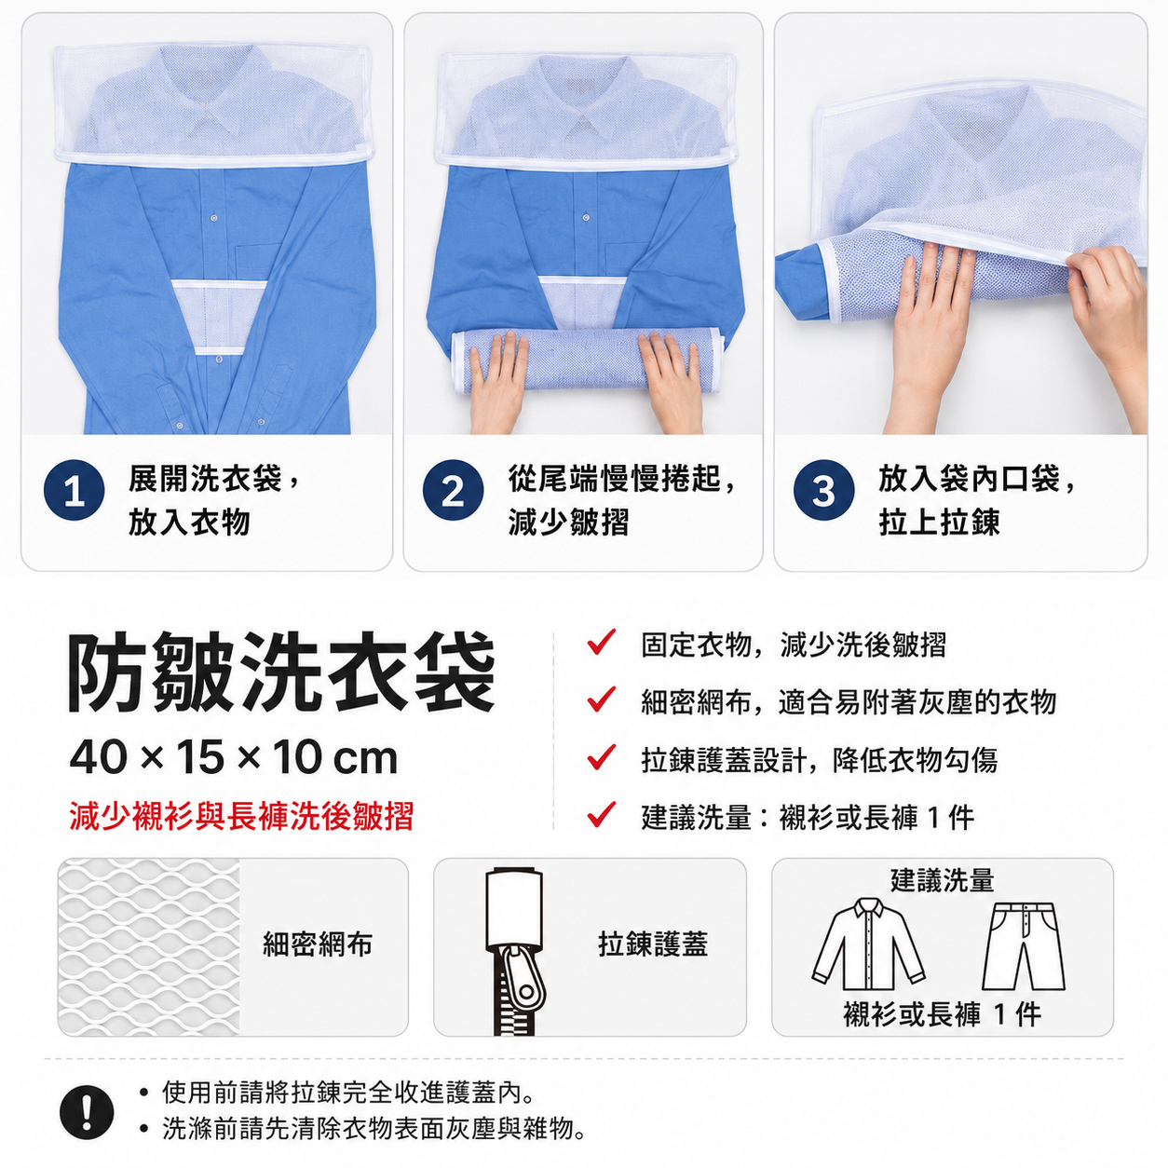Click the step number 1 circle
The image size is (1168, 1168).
74,490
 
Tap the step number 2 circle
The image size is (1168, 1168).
453,490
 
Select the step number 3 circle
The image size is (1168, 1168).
823,490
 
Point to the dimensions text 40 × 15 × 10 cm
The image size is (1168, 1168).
234,758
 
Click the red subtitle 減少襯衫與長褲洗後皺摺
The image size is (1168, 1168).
241,816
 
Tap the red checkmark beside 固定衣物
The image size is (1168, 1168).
602,642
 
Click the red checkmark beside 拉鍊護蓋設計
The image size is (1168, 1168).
602,757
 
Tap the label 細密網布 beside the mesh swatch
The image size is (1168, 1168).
318,944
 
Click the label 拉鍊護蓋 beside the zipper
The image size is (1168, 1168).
653,944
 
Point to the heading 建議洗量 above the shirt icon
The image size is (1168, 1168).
942,880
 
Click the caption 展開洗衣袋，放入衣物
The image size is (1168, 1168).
213,500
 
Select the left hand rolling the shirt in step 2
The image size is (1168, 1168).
497,382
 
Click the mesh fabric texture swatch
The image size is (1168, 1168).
148,946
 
